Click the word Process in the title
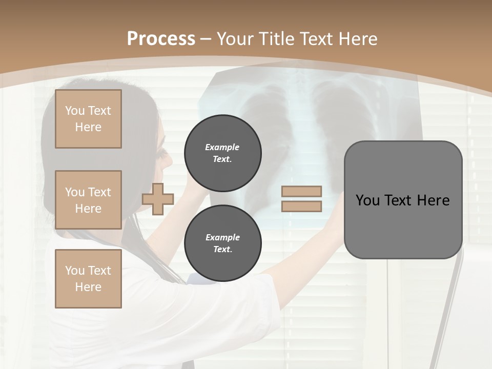point(161,39)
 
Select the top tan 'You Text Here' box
point(88,119)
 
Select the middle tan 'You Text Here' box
point(88,200)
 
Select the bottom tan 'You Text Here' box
point(88,279)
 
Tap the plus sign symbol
point(158,199)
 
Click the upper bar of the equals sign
point(301,192)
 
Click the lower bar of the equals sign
point(301,207)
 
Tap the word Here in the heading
point(358,39)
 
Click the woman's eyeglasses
point(163,153)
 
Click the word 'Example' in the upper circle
point(222,147)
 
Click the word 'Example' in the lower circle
point(222,237)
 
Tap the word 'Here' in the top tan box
point(88,127)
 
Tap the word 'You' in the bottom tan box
point(75,271)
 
